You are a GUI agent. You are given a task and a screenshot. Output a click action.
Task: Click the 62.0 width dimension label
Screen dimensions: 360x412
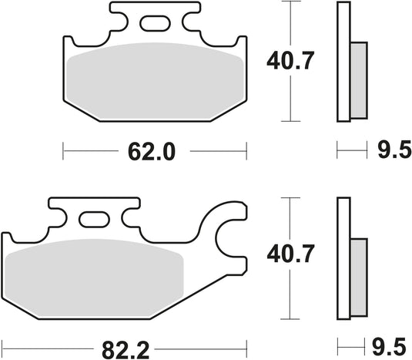coord(153,152)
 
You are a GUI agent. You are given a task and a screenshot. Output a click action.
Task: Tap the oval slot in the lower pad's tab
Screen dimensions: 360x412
coord(96,220)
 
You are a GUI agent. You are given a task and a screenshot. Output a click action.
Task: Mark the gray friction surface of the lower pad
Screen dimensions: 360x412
coord(92,276)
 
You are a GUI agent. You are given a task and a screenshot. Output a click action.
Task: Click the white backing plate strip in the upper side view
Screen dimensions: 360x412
coord(343,62)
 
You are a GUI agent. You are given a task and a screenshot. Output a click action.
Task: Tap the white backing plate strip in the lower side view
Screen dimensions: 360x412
coord(343,258)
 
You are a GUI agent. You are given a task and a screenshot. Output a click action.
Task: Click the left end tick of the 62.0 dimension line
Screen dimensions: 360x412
coord(63,152)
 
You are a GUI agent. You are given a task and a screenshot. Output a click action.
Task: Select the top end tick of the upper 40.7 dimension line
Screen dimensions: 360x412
coord(288,2)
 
